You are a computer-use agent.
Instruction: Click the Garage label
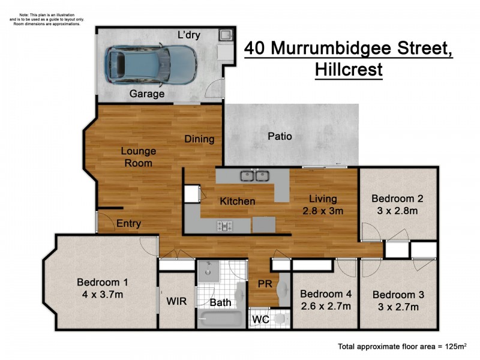pyautogui.click(x=147, y=94)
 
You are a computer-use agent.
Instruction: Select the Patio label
pyautogui.click(x=280, y=136)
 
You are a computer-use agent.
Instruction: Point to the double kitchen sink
pyautogui.click(x=253, y=176)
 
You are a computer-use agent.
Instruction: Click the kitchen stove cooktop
pyautogui.click(x=225, y=226)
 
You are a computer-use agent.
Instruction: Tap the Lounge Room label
pyautogui.click(x=139, y=157)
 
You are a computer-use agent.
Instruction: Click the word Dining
pyautogui.click(x=199, y=139)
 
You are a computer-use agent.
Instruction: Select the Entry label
pyautogui.click(x=128, y=224)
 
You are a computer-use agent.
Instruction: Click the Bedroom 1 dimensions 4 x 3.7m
pyautogui.click(x=102, y=295)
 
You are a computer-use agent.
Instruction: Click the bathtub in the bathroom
pyautogui.click(x=220, y=318)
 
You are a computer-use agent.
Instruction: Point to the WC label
pyautogui.click(x=259, y=319)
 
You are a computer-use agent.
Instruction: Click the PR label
pyautogui.click(x=265, y=284)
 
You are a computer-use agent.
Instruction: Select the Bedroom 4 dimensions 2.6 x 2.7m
pyautogui.click(x=325, y=306)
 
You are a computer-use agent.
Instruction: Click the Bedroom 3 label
pyautogui.click(x=398, y=295)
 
